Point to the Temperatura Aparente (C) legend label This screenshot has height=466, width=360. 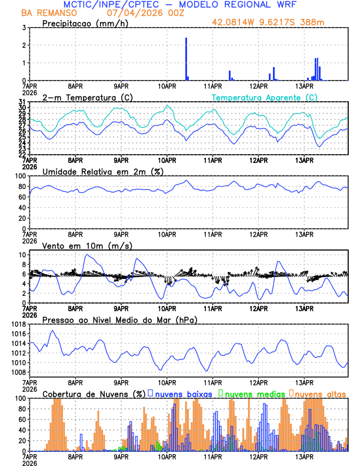pyautogui.click(x=265, y=97)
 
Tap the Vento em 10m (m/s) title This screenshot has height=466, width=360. pyautogui.click(x=87, y=245)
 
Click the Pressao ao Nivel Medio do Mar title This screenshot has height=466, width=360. pyautogui.click(x=119, y=319)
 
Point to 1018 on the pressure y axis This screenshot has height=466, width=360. pyautogui.click(x=17, y=324)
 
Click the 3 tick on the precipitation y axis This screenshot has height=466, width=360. pyautogui.click(x=23, y=28)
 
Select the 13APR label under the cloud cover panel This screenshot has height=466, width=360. pyautogui.click(x=304, y=457)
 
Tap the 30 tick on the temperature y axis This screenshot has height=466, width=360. pyautogui.click(x=21, y=108)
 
